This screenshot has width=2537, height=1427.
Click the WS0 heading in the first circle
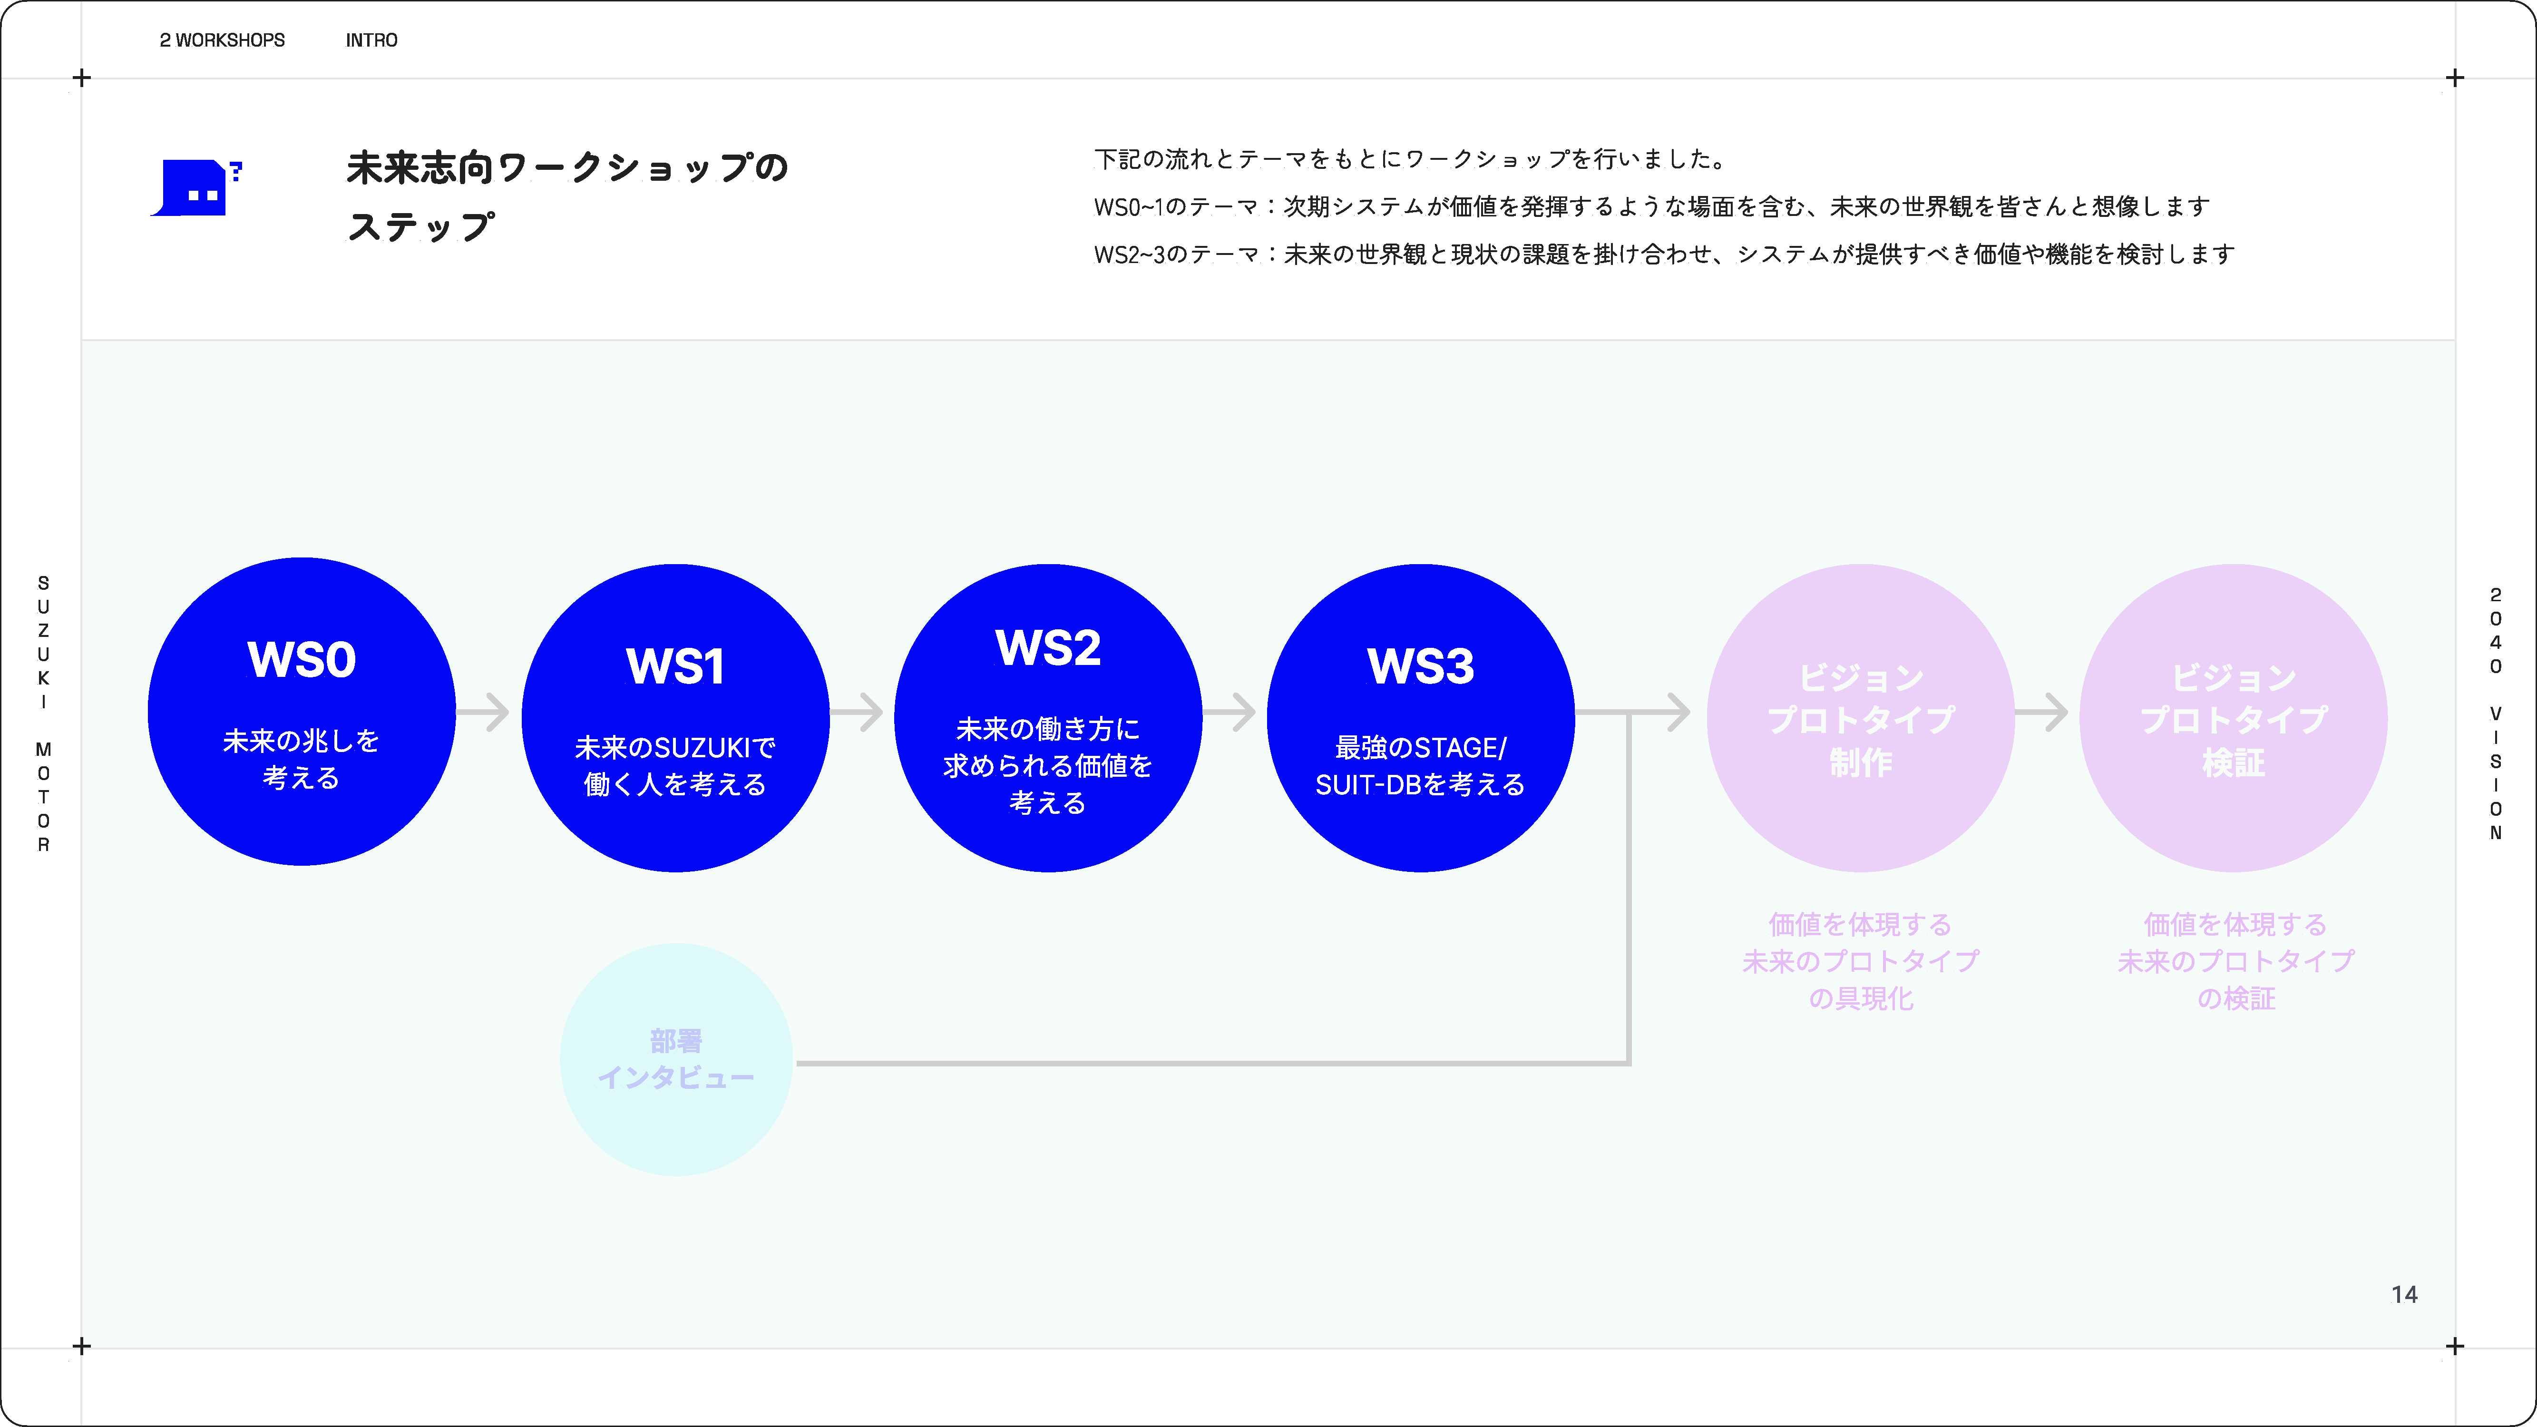click(x=302, y=660)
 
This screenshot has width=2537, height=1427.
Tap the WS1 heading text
click(x=675, y=667)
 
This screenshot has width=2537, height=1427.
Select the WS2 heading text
click(x=1048, y=648)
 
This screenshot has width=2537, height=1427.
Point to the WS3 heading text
click(x=1420, y=667)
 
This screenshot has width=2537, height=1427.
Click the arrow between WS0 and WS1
click(x=484, y=712)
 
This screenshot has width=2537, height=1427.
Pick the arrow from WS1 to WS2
click(x=857, y=712)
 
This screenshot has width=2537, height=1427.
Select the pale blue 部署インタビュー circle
click(x=677, y=1060)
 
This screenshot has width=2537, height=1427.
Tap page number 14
click(x=2404, y=1295)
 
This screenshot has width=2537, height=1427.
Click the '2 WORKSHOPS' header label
click(x=223, y=40)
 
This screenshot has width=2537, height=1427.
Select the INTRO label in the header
click(x=371, y=40)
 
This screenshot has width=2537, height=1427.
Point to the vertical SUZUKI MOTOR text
click(x=43, y=714)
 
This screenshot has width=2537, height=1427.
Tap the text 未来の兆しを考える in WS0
click(x=302, y=759)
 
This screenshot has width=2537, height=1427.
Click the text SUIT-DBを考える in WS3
click(x=1420, y=785)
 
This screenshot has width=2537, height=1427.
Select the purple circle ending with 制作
click(x=1860, y=718)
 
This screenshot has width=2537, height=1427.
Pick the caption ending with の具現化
click(x=1860, y=961)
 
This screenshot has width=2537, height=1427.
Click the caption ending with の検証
click(x=2235, y=961)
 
